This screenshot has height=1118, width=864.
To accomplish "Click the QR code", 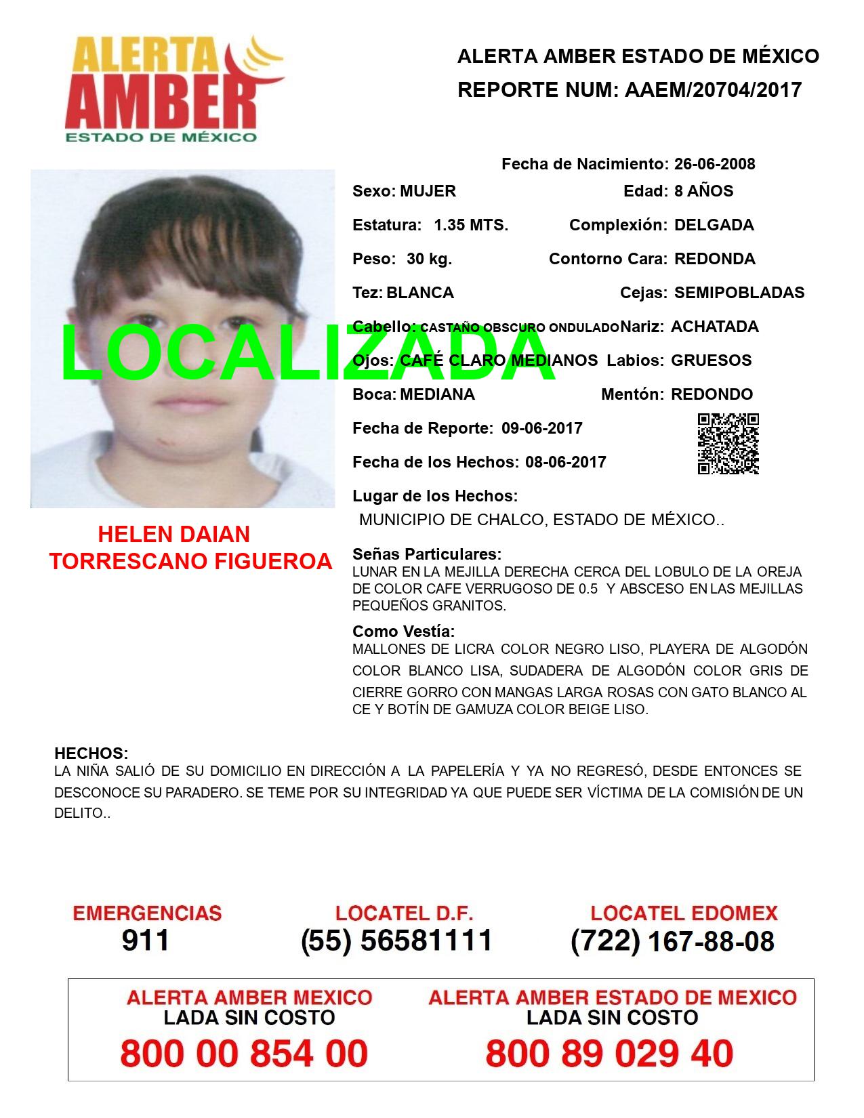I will click(728, 444).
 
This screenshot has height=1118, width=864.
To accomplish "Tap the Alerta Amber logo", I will click(175, 88).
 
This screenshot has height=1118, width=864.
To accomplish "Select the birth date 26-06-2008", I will click(714, 164).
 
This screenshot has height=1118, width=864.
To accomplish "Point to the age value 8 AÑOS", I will click(703, 191).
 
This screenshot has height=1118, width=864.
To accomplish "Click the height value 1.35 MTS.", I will click(471, 225).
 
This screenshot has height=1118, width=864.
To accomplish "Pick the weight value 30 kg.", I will click(429, 259).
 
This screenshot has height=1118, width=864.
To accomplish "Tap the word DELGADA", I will click(714, 225).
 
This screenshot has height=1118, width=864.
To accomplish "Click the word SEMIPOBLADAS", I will click(739, 293).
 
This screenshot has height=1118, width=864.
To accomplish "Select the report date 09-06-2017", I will click(541, 428).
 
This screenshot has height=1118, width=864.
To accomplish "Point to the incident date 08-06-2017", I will click(565, 462).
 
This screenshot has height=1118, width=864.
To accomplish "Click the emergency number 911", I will click(146, 940).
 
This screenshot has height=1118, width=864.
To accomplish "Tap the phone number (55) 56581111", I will click(396, 940).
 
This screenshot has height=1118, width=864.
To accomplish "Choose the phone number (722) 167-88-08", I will click(672, 941).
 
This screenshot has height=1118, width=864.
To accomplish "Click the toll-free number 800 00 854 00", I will click(244, 1054).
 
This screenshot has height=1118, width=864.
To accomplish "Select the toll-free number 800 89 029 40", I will click(609, 1054).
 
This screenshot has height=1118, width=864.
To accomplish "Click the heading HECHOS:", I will click(91, 753).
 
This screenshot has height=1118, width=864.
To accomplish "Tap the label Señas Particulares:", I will click(427, 554).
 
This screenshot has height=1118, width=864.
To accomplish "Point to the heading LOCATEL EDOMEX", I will click(684, 913).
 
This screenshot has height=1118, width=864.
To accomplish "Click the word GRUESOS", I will click(711, 360).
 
